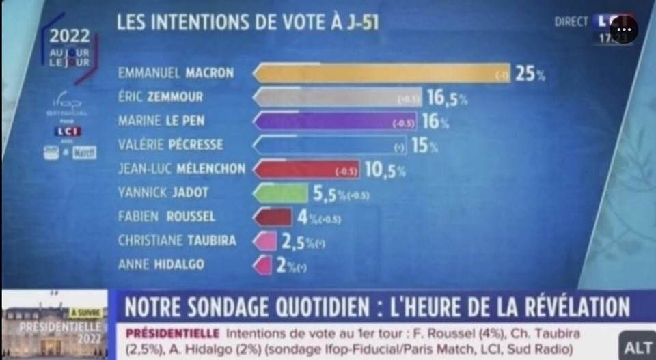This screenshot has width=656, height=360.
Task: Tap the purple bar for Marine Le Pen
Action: pyautogui.click(x=325, y=122)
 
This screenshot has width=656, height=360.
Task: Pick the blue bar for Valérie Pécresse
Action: pyautogui.click(x=328, y=146)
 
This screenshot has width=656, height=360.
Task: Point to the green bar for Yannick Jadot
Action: pyautogui.click(x=280, y=193)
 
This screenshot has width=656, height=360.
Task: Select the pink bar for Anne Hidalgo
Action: pyautogui.click(x=262, y=264)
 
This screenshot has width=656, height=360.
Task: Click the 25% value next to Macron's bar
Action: pyautogui.click(x=530, y=74)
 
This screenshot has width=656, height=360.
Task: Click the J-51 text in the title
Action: pyautogui.click(x=361, y=23)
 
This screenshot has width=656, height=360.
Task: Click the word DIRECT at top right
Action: pyautogui.click(x=571, y=22)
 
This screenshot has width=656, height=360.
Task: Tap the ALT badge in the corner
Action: pyautogui.click(x=638, y=347)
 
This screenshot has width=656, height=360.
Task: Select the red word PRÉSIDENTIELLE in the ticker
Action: pyautogui.click(x=173, y=333)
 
